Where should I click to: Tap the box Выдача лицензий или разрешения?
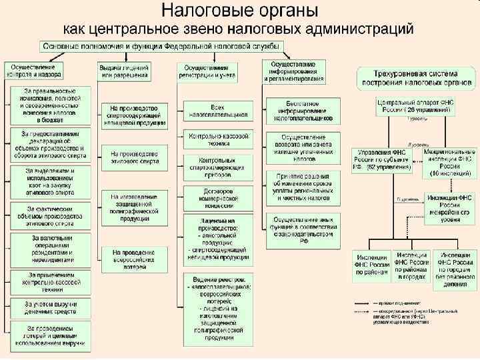tap(124, 71)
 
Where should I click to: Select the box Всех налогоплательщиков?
tap(218, 111)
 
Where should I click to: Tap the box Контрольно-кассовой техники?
tap(218, 138)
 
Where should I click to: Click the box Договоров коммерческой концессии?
tap(218, 198)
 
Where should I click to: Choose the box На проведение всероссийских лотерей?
tap(134, 257)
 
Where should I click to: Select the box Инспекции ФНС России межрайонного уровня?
tap(449, 204)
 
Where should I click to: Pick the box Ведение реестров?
tap(218, 306)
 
